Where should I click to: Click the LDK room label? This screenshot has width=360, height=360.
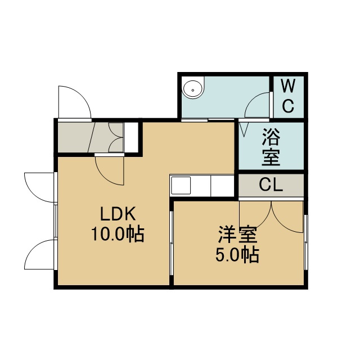point(118,214)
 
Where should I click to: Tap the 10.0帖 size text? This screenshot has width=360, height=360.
point(118,234)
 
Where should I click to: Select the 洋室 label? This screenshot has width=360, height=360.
point(237,235)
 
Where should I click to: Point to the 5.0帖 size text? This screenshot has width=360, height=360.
point(237,255)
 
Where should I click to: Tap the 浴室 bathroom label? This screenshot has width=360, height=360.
point(271,147)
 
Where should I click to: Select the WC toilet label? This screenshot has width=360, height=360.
point(288,96)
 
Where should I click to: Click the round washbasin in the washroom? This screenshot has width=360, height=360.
point(193,90)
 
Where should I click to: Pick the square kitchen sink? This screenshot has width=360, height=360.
point(181,185)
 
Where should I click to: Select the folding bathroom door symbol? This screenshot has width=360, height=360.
point(244,129)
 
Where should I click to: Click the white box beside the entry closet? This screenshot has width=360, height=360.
point(131,137)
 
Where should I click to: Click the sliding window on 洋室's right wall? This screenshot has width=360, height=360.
point(306,242)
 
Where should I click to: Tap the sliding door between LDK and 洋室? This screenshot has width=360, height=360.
point(171,243)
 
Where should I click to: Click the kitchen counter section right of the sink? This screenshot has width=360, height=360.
point(222,185)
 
